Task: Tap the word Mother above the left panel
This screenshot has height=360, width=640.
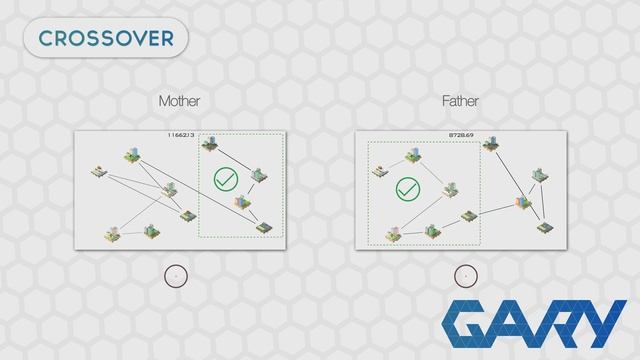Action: [179, 101]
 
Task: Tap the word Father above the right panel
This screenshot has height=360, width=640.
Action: [460, 101]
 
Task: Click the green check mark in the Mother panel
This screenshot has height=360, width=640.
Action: [227, 181]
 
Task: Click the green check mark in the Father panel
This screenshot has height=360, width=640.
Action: [406, 188]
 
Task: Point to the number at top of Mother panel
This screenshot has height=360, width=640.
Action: [181, 133]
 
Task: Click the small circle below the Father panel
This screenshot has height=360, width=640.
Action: [462, 274]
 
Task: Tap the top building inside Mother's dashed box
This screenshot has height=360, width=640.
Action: [211, 144]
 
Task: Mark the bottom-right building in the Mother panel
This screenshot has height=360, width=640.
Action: [264, 227]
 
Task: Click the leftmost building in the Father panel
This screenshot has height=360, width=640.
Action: [379, 171]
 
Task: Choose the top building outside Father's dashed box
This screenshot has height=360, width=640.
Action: [491, 145]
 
